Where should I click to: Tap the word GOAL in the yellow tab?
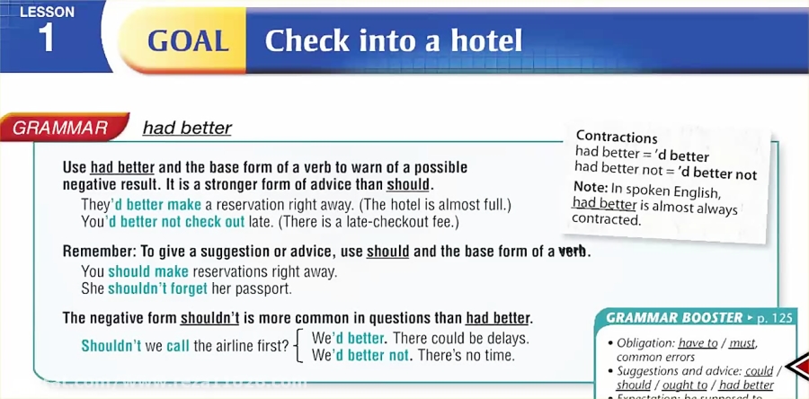point(187,41)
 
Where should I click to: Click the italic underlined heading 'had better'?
point(187,128)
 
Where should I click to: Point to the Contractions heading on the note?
point(617,137)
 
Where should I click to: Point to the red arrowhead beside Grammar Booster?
point(796,367)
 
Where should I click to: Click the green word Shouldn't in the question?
point(111,346)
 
